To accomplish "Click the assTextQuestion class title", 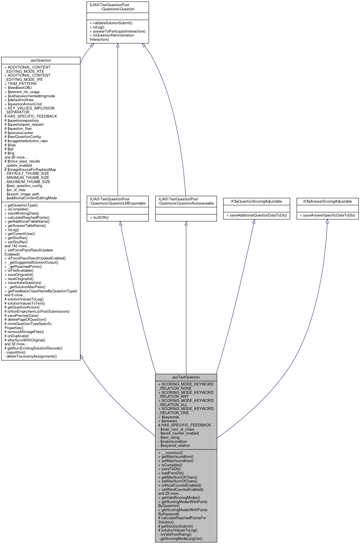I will (x=186, y=377).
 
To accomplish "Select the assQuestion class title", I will (x=41, y=60).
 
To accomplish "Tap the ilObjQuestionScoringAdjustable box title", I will (x=256, y=201).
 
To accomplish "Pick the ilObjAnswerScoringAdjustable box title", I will (x=327, y=201).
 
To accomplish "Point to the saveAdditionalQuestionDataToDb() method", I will (x=257, y=215).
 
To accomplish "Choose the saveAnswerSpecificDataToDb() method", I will (x=327, y=215).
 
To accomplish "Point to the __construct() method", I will (x=171, y=453).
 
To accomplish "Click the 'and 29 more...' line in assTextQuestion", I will (x=170, y=493).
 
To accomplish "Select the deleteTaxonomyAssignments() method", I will (x=31, y=356).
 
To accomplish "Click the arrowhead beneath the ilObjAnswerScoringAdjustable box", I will (x=327, y=221).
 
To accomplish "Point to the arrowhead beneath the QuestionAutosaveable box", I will (x=186, y=224).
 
